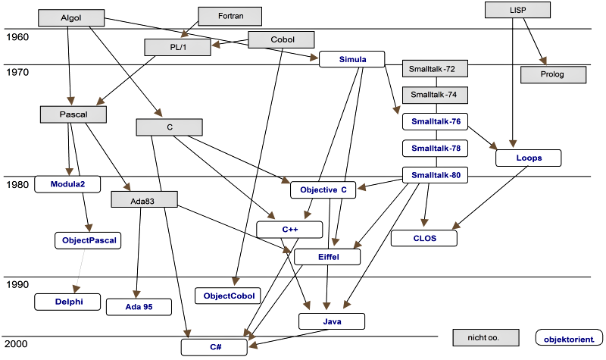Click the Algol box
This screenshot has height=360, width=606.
click(x=71, y=17)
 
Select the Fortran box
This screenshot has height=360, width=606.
click(x=230, y=16)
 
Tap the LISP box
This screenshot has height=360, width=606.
click(x=517, y=10)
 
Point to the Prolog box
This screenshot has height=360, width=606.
click(x=553, y=74)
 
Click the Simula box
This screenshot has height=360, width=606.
click(x=351, y=59)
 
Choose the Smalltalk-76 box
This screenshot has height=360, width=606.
click(x=435, y=121)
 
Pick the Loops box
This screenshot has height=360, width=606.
click(x=528, y=158)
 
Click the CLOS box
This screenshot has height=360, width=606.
click(x=424, y=238)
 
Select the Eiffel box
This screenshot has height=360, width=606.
click(x=327, y=257)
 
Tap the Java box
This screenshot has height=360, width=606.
click(x=332, y=321)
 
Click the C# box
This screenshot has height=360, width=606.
click(x=214, y=347)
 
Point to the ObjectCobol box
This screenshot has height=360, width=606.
click(x=228, y=296)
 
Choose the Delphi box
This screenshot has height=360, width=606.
click(x=67, y=302)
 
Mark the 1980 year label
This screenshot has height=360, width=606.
click(x=17, y=185)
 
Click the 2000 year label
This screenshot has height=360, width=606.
click(x=16, y=344)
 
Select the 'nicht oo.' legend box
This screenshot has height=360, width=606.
click(x=486, y=337)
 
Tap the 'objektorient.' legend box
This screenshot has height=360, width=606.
click(x=569, y=337)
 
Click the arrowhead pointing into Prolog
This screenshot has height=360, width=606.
click(x=544, y=61)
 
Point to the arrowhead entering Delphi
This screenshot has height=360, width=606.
click(x=77, y=290)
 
